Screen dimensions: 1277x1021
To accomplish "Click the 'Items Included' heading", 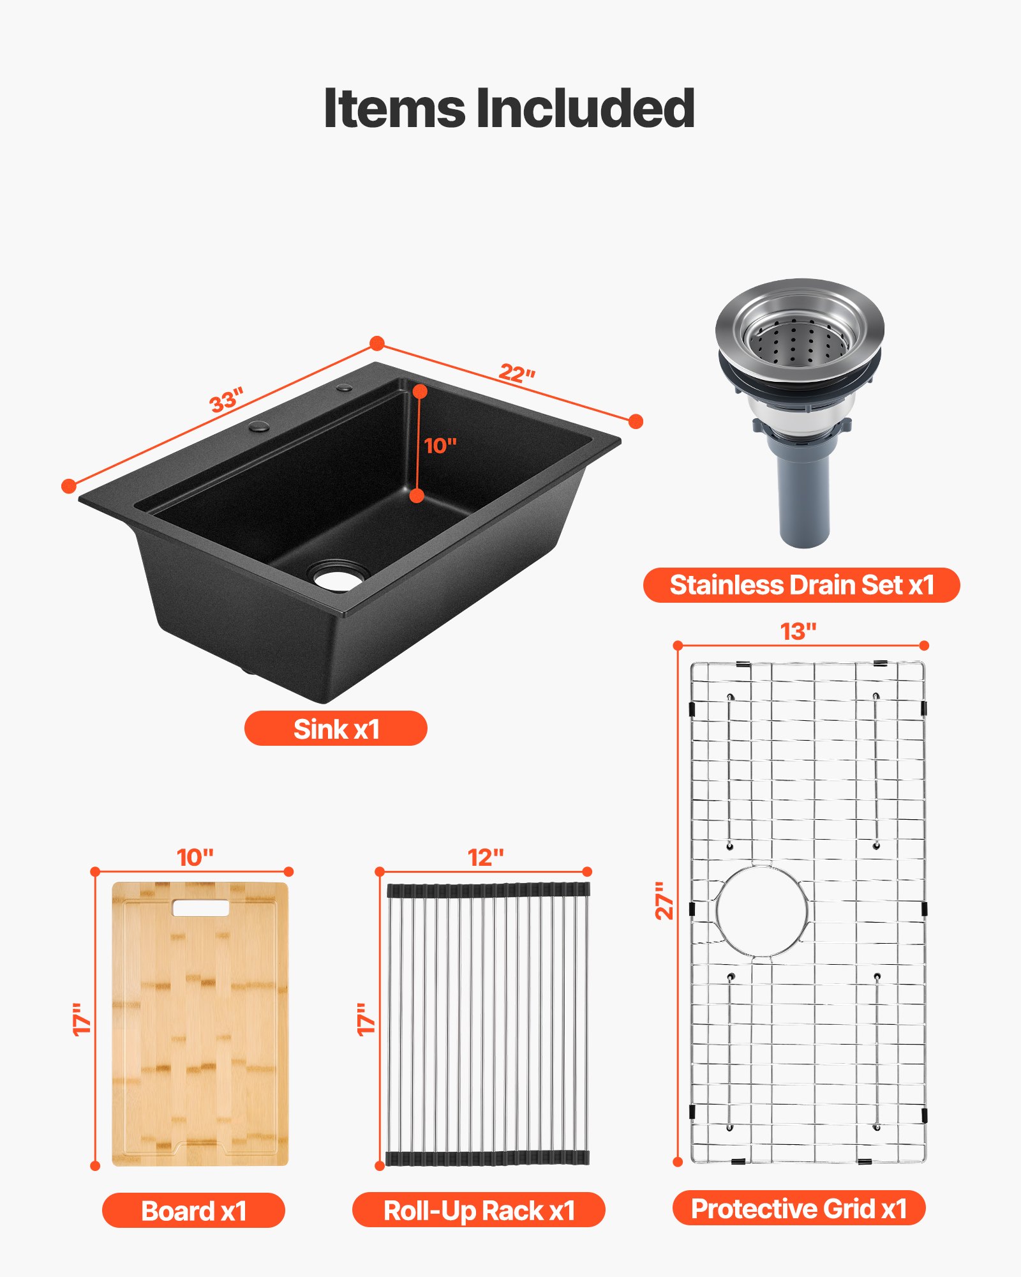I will (x=509, y=109).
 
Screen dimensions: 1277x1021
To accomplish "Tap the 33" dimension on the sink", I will (x=227, y=400).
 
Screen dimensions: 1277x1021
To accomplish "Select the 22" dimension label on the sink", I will (x=517, y=372).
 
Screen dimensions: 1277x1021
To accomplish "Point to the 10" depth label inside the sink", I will (x=440, y=446).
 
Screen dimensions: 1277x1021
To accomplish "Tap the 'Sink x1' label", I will (x=336, y=729).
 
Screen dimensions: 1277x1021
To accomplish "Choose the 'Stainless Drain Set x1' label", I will (x=801, y=585).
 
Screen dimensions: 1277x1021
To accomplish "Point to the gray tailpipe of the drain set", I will (x=804, y=498).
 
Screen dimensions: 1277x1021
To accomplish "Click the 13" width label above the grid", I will (x=798, y=631).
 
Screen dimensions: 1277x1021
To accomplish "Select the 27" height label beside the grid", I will (x=665, y=901).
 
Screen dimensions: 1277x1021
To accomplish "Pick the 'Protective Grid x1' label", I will (x=799, y=1208).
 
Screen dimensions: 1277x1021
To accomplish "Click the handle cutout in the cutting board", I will (x=200, y=908).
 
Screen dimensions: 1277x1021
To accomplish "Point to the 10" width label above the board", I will (x=195, y=858).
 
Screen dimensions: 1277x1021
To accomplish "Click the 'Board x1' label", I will (x=193, y=1211).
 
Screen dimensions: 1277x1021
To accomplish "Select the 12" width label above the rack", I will (x=486, y=858).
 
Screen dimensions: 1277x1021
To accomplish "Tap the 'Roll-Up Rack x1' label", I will (x=479, y=1211).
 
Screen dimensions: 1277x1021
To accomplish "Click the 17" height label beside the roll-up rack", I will (x=366, y=1019).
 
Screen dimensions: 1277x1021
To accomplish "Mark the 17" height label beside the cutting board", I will (x=82, y=1019).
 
